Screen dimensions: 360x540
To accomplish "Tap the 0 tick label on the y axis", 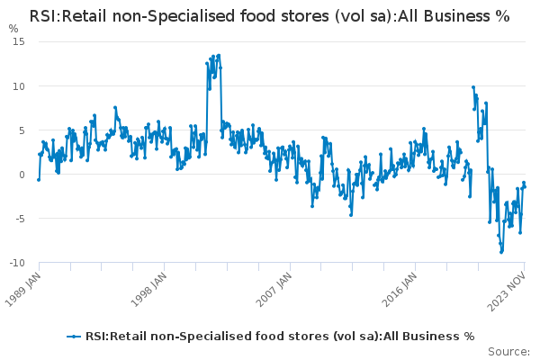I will [22, 175].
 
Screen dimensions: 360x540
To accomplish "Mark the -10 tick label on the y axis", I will [16, 263].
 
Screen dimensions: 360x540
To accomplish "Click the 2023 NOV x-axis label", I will [509, 291].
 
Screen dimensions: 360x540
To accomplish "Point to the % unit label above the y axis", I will [13, 28].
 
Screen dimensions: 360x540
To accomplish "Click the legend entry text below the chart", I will [279, 337].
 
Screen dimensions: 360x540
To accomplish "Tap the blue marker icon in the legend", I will [74, 337].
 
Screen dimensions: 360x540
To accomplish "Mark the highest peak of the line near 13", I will [218, 55].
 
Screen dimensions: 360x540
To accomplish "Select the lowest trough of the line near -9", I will [501, 252].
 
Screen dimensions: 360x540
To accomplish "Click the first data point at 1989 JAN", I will [38, 179].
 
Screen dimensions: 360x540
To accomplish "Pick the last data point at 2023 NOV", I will [525, 186].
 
